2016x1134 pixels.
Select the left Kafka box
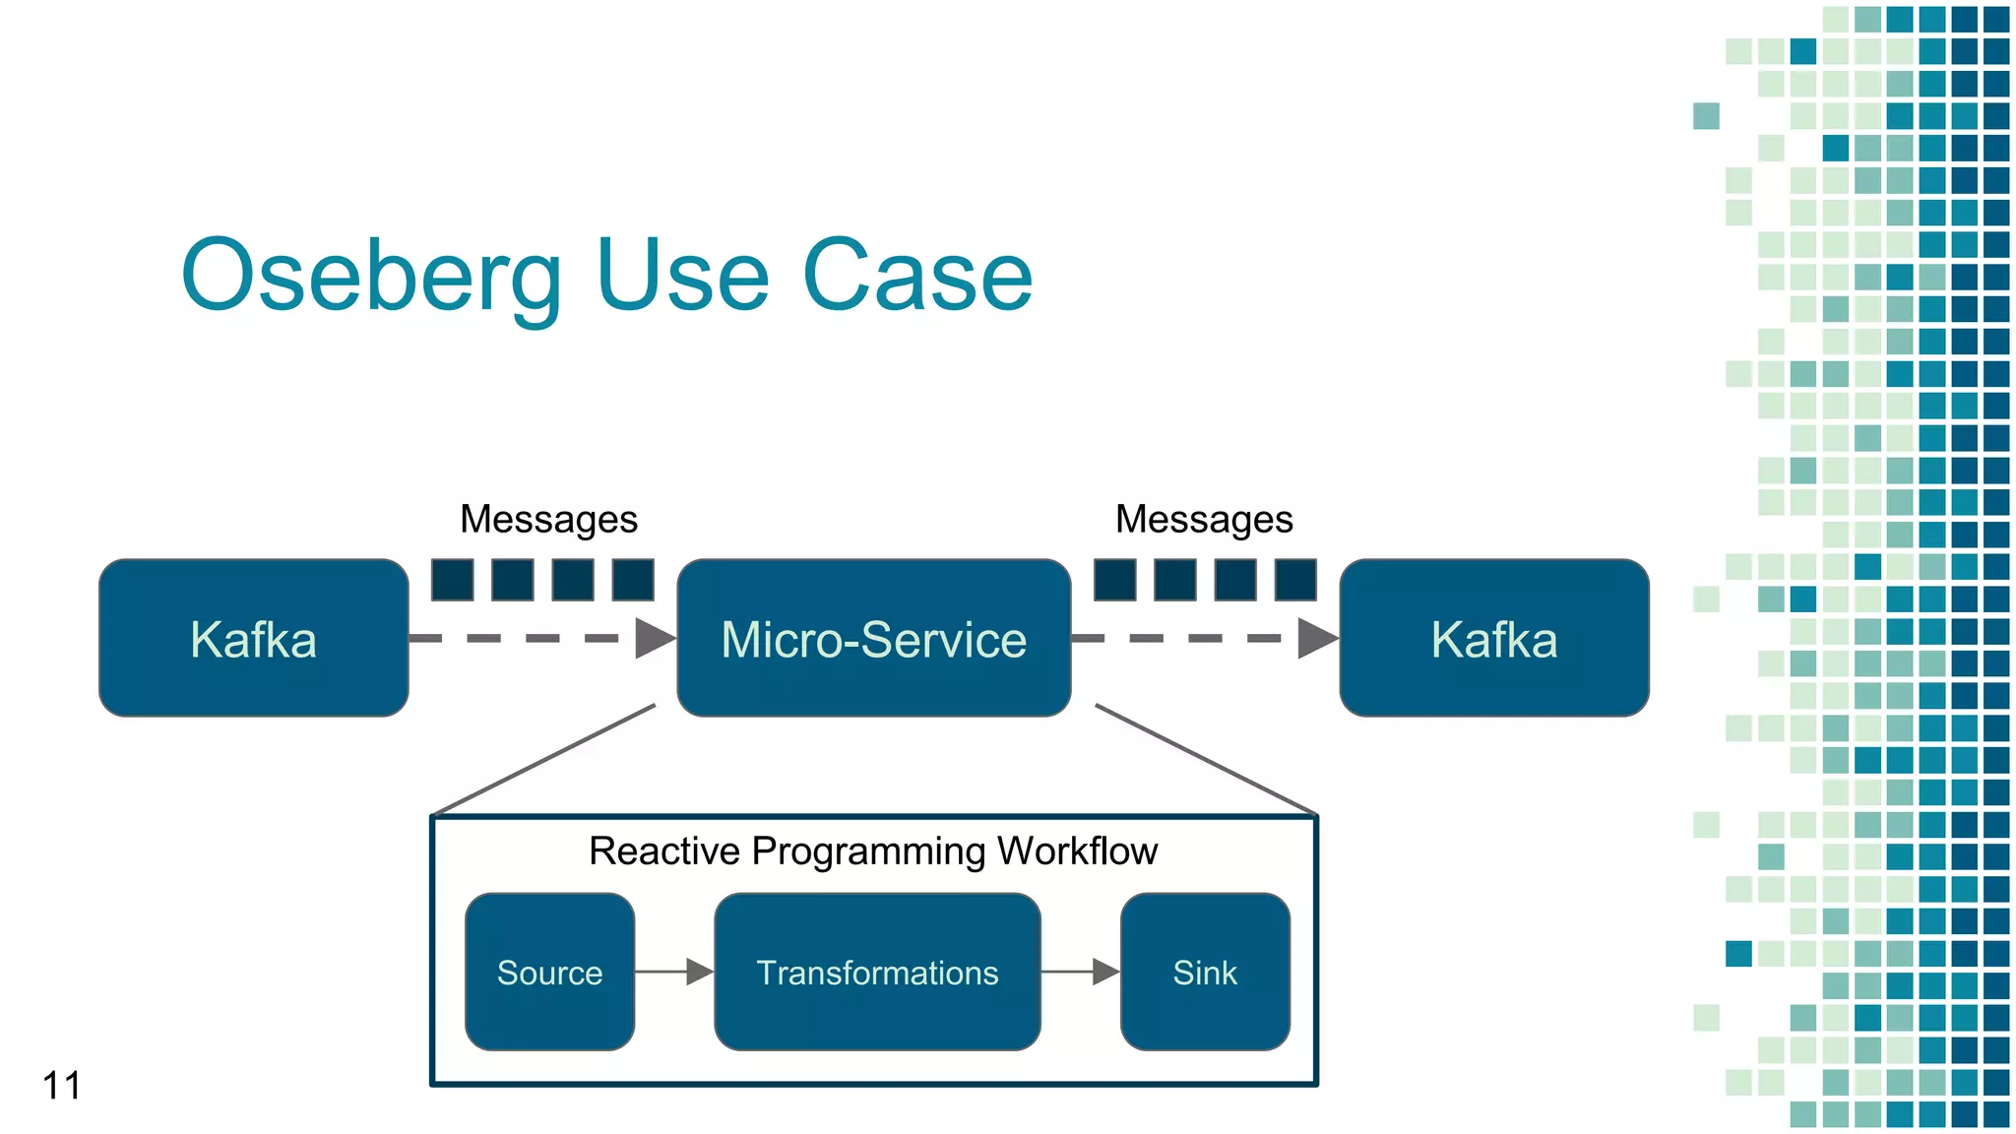point(254,638)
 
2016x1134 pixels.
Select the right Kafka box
point(1493,638)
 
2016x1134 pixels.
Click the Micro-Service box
point(873,638)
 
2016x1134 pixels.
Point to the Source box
point(549,972)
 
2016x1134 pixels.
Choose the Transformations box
point(877,972)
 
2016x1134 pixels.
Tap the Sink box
point(1205,972)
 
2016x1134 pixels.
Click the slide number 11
point(61,1086)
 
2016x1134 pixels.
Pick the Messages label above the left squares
point(548,519)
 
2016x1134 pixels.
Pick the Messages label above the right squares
point(1203,519)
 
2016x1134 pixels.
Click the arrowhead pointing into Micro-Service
point(654,638)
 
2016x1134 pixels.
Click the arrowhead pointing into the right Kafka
point(1316,638)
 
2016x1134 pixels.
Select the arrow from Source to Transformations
point(673,972)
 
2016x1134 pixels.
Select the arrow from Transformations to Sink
point(1080,972)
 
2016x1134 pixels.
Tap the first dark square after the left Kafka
point(453,580)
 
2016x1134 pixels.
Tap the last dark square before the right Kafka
point(1295,580)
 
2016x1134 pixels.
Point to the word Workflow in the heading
point(1077,851)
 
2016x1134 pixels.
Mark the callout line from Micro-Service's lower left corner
point(544,760)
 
